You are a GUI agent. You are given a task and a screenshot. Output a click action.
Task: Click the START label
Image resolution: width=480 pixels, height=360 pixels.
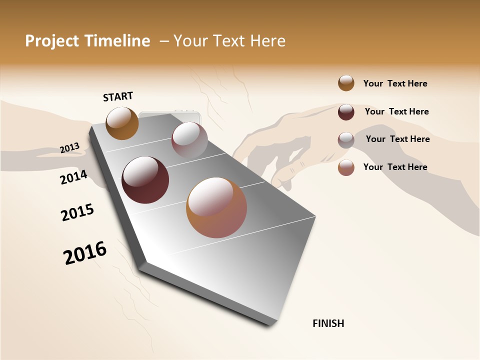[x=118, y=96]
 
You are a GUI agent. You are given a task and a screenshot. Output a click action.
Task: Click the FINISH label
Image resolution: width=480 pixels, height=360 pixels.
[x=328, y=323]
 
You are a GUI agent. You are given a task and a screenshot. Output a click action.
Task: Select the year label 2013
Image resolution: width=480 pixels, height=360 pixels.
[x=70, y=147]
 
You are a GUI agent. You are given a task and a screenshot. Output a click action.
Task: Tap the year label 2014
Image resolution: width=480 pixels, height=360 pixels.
[x=74, y=176]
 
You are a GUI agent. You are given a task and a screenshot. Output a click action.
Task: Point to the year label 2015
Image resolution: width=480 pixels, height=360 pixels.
[x=77, y=212]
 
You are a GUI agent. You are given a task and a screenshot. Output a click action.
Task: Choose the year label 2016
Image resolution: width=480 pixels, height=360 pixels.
[x=85, y=252]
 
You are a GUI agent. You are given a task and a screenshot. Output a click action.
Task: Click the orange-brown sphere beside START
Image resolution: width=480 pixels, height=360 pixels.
[x=122, y=123]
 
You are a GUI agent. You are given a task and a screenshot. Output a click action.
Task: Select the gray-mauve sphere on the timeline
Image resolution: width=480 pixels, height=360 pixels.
[x=189, y=140]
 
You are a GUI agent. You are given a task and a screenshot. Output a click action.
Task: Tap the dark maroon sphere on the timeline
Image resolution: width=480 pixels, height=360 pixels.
[x=145, y=180]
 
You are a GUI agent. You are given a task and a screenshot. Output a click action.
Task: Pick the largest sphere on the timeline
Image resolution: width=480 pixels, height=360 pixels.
[x=216, y=207]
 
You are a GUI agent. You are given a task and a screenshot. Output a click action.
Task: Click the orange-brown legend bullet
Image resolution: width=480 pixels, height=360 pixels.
[x=346, y=83]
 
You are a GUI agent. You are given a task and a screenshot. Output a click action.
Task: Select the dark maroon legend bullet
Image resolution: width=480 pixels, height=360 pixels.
[x=346, y=112]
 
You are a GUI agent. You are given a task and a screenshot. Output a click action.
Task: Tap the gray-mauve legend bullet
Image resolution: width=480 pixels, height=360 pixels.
[x=346, y=140]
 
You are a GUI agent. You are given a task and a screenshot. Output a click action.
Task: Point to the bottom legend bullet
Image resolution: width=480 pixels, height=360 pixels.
[x=346, y=167]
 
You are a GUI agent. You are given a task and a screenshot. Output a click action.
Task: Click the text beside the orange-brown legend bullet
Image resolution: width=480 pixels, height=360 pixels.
[x=395, y=83]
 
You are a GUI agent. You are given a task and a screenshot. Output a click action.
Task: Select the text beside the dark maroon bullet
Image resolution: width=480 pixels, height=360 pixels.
[x=396, y=111]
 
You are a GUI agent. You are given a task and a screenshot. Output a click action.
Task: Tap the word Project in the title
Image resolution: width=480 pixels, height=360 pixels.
[x=52, y=41]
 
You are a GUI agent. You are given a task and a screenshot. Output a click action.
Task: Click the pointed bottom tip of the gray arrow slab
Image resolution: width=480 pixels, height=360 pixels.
[x=270, y=324]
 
